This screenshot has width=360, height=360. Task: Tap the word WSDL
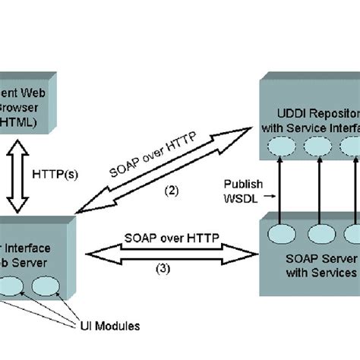coord(242,197)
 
